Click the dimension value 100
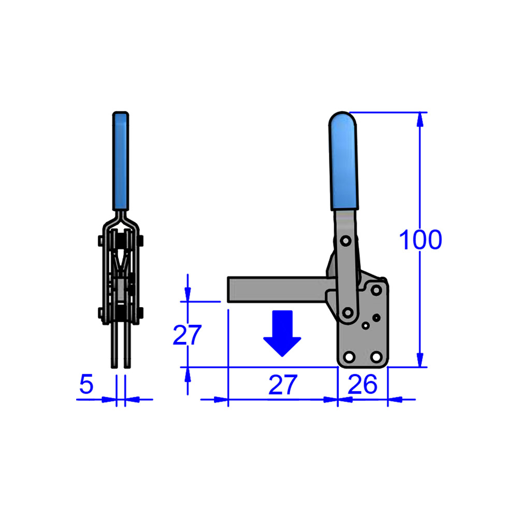click(x=420, y=240)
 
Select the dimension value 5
click(x=86, y=385)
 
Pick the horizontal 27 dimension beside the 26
click(x=283, y=385)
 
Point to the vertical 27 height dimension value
click(x=186, y=336)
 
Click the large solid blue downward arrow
click(x=282, y=333)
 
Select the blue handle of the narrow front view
click(x=121, y=161)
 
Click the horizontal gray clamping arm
click(x=277, y=289)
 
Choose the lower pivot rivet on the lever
click(x=348, y=312)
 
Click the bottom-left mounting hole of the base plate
click(x=349, y=357)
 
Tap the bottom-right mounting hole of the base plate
click(x=377, y=357)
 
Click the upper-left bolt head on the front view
click(x=100, y=241)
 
